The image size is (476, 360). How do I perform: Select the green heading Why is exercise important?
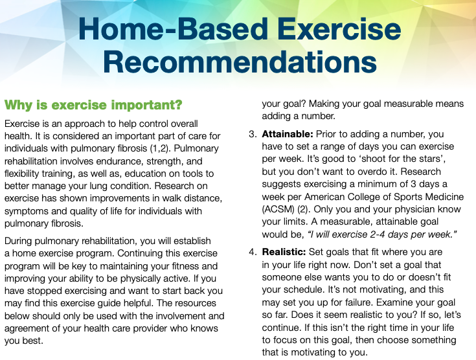point(93,104)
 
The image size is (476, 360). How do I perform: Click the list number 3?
point(253,134)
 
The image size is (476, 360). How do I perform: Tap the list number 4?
point(253,251)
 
